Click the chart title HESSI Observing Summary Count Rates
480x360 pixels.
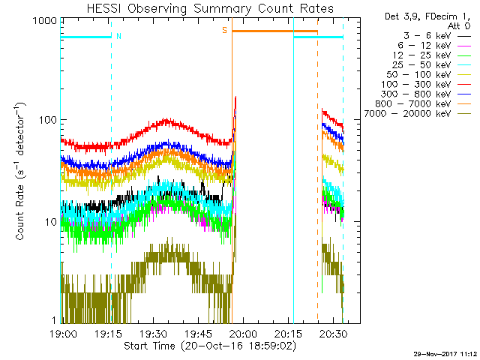(209, 8)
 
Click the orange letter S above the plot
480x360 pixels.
(224, 30)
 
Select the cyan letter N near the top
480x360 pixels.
(118, 35)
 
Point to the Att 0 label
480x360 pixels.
(460, 25)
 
